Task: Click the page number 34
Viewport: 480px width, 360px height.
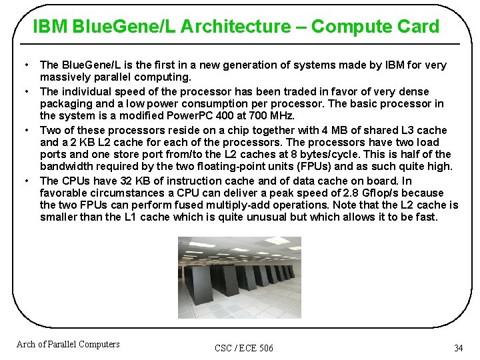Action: point(458,348)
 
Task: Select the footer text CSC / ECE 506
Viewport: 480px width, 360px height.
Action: point(244,348)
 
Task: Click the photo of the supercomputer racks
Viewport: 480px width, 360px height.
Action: point(239,277)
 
